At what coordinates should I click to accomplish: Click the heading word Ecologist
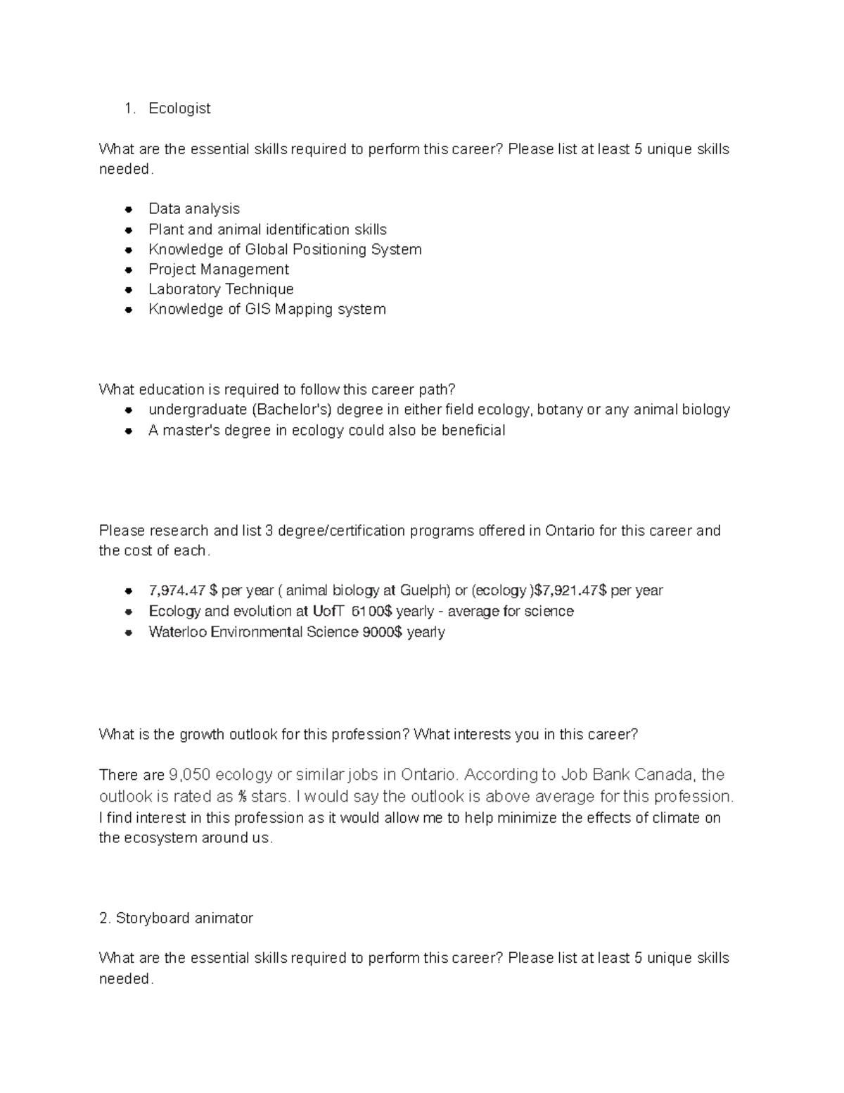point(179,108)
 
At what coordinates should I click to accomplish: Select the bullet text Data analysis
point(194,209)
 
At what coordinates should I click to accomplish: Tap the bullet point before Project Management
point(129,270)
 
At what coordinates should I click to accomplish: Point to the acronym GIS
point(258,309)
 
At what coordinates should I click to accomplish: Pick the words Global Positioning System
point(333,250)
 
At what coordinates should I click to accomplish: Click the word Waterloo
point(177,632)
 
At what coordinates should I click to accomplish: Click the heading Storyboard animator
point(184,918)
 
